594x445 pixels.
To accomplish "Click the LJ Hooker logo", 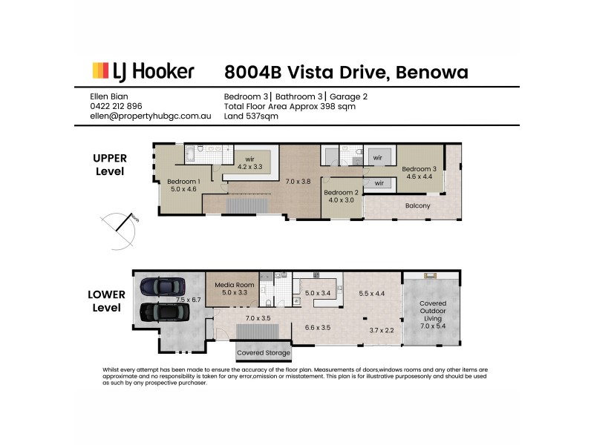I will point(143,71).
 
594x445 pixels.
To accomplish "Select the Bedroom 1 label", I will point(183,185).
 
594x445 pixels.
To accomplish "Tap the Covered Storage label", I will point(264,352).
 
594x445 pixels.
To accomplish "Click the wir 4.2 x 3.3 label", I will point(250,162).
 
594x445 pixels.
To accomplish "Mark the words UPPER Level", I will point(110,164).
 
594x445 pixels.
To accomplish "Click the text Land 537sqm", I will point(251,116).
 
